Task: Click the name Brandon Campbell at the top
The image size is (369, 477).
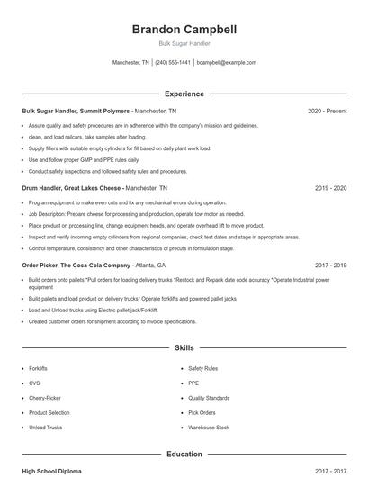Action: tap(184, 30)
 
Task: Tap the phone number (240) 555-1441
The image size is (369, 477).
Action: tap(173, 63)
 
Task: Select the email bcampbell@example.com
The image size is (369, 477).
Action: tap(227, 63)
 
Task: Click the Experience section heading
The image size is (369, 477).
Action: tap(184, 94)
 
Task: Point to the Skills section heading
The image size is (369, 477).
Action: tap(184, 346)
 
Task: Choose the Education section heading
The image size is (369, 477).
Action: tap(184, 454)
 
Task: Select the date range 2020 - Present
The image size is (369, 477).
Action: tap(327, 111)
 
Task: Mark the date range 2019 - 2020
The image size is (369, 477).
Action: tap(330, 188)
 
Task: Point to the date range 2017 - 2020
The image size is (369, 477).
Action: tap(330, 265)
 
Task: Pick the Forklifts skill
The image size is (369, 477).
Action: tap(39, 368)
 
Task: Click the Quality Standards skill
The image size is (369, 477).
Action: tap(209, 398)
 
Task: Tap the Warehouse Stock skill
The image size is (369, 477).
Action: tap(209, 427)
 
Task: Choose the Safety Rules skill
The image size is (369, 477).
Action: tap(202, 368)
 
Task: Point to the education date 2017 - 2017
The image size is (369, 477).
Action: tap(330, 471)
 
